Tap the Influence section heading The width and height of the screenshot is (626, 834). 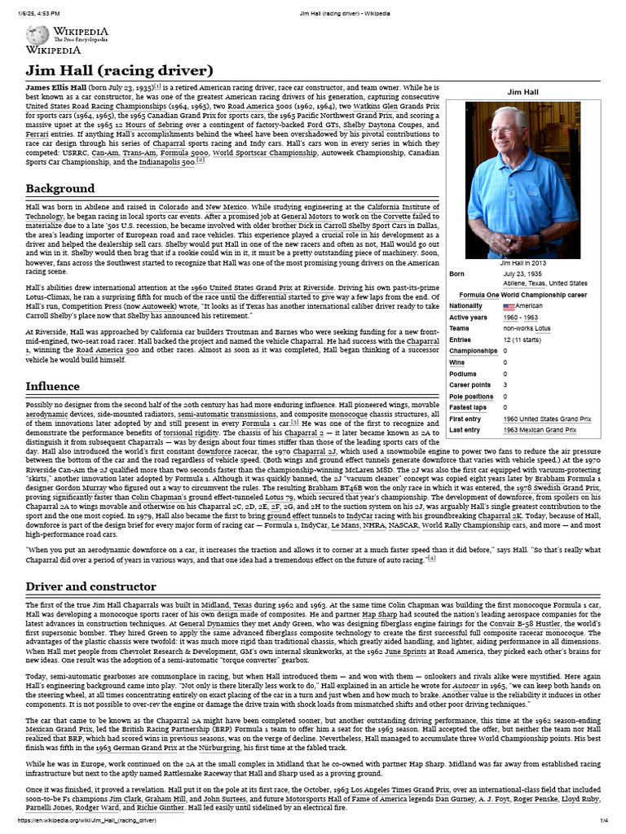[x=52, y=385]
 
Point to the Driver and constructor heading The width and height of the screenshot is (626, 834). [x=90, y=586]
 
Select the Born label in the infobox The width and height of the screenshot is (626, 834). [x=457, y=274]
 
